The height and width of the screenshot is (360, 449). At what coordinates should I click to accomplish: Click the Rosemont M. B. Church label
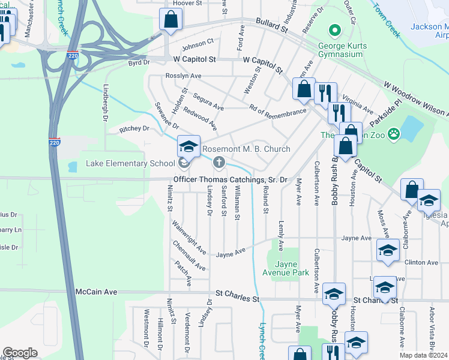(246, 149)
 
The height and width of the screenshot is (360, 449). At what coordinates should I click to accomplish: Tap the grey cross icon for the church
(219, 161)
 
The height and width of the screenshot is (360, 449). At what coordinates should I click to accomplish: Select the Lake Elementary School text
(130, 163)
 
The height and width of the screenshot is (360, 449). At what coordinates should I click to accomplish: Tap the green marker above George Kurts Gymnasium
(334, 30)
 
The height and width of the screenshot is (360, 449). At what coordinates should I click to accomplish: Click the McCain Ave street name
(96, 292)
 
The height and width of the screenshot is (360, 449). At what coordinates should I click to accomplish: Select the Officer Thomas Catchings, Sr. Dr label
(231, 179)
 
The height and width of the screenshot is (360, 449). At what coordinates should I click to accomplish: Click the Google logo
(20, 352)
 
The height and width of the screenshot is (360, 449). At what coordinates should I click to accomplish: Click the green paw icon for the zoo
(394, 133)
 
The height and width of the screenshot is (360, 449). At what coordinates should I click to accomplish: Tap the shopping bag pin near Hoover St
(171, 19)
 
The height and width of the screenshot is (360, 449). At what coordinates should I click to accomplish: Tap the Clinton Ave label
(421, 262)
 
